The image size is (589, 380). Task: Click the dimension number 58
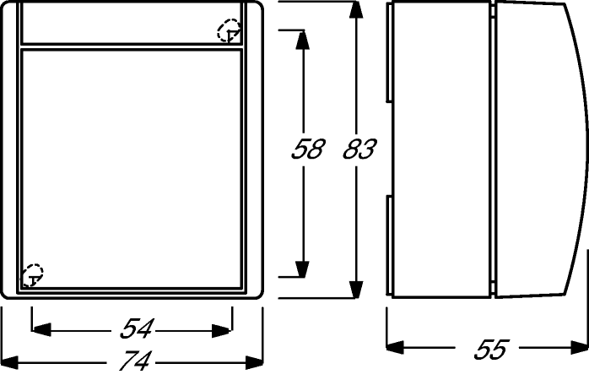pyautogui.click(x=307, y=149)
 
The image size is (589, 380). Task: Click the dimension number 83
pyautogui.click(x=359, y=149)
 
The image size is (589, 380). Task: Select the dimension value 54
pyautogui.click(x=136, y=328)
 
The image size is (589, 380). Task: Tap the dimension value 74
pyautogui.click(x=135, y=360)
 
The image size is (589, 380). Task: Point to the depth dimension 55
pyautogui.click(x=491, y=350)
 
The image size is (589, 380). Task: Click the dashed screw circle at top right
pyautogui.click(x=229, y=30)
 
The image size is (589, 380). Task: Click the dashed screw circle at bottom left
pyautogui.click(x=32, y=275)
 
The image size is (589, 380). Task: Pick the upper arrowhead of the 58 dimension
pyautogui.click(x=302, y=40)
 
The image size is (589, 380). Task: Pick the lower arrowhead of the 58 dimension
pyautogui.click(x=302, y=269)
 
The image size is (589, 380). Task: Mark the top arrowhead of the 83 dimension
pyautogui.click(x=356, y=10)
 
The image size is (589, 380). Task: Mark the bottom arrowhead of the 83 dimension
pyautogui.click(x=356, y=290)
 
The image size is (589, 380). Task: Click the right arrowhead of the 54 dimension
pyautogui.click(x=222, y=331)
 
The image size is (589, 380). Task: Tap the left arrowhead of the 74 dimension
pyautogui.click(x=10, y=362)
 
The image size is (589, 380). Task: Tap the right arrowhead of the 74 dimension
pyautogui.click(x=254, y=362)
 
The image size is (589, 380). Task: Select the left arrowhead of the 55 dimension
pyautogui.click(x=395, y=347)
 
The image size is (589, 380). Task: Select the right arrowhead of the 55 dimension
pyautogui.click(x=579, y=347)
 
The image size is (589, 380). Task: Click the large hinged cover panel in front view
pyautogui.click(x=132, y=168)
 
